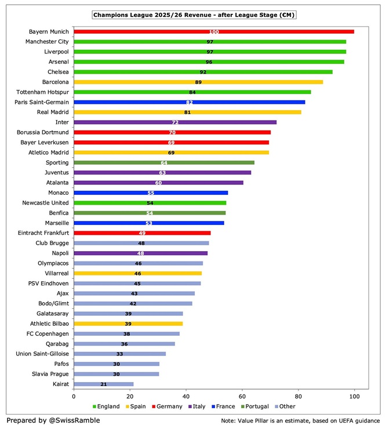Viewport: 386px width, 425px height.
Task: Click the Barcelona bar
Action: (x=198, y=82)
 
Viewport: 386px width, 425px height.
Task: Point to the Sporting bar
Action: (x=164, y=163)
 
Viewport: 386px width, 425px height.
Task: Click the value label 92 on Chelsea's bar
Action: (x=203, y=72)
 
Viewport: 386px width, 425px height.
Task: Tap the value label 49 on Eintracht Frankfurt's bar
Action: (x=142, y=233)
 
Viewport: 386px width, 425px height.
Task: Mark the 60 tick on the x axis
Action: (x=242, y=397)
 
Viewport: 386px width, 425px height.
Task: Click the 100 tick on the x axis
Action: (x=354, y=397)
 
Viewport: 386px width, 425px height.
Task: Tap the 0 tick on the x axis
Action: (x=74, y=397)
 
